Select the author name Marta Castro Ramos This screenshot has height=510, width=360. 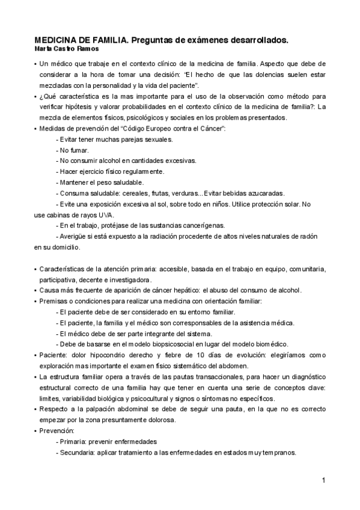[64, 48]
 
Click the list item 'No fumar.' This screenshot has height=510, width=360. [73, 150]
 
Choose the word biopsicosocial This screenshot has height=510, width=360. [174, 344]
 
